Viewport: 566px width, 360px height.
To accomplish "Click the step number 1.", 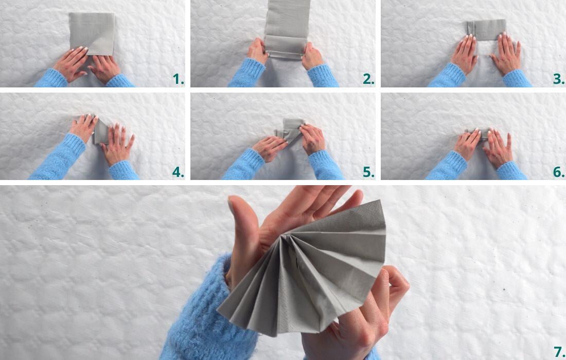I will pyautogui.click(x=178, y=79).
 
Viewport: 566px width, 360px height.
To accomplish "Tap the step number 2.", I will pyautogui.click(x=368, y=79).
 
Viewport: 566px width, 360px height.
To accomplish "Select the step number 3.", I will pyautogui.click(x=559, y=79).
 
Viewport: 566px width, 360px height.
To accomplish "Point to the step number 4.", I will pyautogui.click(x=178, y=172).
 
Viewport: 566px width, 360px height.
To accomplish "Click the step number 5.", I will pyautogui.click(x=368, y=172).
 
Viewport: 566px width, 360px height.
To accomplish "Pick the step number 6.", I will pyautogui.click(x=559, y=172).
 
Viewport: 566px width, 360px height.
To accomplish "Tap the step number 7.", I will pyautogui.click(x=559, y=352).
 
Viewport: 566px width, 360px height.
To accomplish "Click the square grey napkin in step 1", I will pyautogui.click(x=92, y=31).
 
